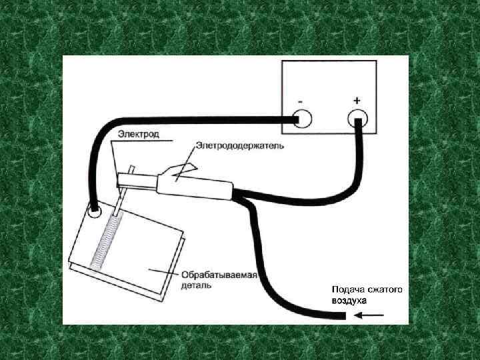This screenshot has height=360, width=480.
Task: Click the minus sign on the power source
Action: point(301,101)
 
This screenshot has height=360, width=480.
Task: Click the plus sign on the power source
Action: point(357,100)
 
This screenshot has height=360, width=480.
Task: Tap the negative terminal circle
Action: point(301,119)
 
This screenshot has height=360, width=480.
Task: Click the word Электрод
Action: point(139,134)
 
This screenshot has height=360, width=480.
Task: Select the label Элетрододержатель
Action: point(240,145)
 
